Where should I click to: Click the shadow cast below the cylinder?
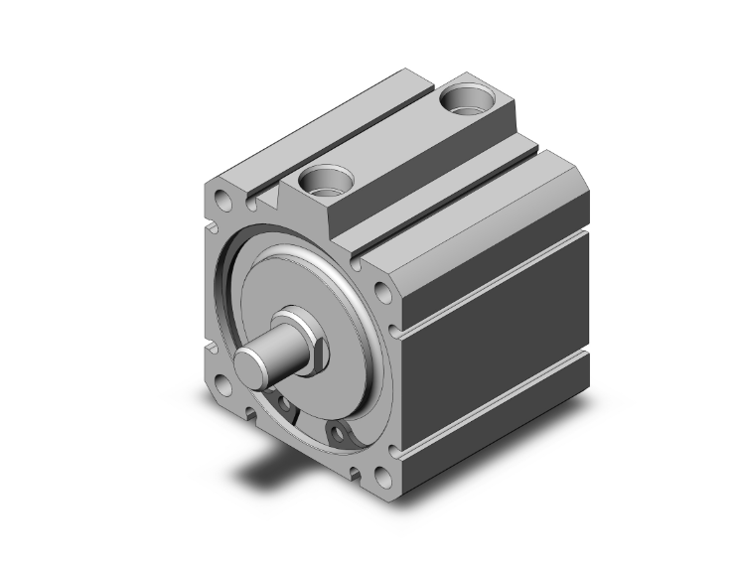[268, 467]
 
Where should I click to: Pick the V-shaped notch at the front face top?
[262, 203]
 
